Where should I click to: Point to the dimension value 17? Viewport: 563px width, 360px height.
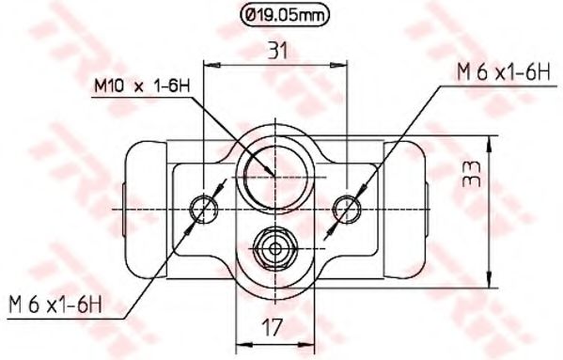click(272, 329)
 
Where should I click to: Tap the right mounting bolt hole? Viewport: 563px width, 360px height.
click(346, 207)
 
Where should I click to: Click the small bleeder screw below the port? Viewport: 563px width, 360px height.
click(274, 248)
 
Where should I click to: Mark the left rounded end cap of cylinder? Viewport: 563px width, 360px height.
click(141, 209)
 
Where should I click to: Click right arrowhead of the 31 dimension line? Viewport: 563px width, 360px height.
click(340, 64)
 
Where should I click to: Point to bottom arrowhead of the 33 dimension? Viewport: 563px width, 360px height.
click(490, 279)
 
